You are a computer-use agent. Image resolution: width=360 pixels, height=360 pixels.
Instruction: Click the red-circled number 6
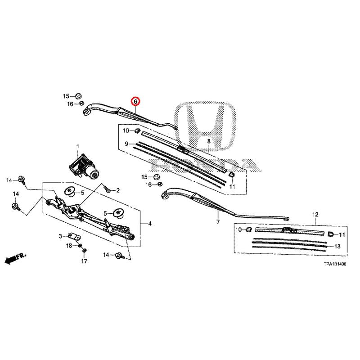pyautogui.click(x=135, y=102)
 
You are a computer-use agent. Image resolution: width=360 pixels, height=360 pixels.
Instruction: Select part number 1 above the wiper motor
pyautogui.click(x=77, y=147)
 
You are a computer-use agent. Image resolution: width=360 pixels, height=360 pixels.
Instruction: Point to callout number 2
pyautogui.click(x=118, y=191)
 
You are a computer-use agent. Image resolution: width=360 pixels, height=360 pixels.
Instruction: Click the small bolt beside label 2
pyautogui.click(x=108, y=189)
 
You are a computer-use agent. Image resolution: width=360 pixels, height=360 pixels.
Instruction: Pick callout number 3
pyautogui.click(x=60, y=236)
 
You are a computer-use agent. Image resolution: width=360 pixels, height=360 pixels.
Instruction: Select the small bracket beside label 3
pyautogui.click(x=73, y=237)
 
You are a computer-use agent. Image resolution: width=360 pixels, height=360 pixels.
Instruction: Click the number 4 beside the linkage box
pyautogui.click(x=150, y=224)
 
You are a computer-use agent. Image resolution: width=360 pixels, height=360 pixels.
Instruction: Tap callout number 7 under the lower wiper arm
pyautogui.click(x=218, y=222)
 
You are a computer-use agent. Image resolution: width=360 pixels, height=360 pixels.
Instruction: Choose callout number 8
pyautogui.click(x=209, y=142)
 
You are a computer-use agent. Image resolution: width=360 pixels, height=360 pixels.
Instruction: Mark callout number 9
pyautogui.click(x=127, y=144)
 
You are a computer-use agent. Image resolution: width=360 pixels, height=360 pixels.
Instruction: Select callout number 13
pyautogui.click(x=337, y=247)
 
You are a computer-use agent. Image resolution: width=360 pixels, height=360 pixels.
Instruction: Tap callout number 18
pyautogui.click(x=69, y=245)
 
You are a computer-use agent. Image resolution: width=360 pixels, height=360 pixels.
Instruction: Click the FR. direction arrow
pyautogui.click(x=15, y=258)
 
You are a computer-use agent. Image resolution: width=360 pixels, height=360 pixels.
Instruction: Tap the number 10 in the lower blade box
pyautogui.click(x=238, y=230)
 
